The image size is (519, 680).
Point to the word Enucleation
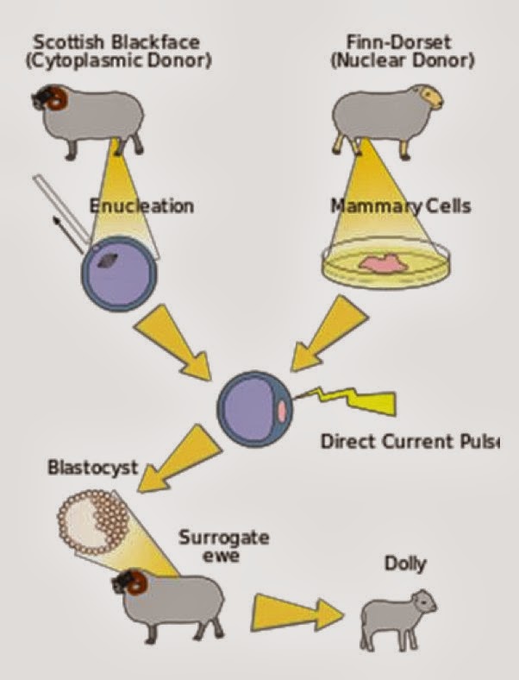[141, 205]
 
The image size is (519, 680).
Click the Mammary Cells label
[401, 205]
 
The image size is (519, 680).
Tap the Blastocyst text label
[93, 468]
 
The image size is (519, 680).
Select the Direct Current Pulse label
[410, 442]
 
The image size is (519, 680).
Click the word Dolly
[405, 564]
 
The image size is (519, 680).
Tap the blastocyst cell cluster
[94, 522]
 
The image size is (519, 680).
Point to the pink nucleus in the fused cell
[282, 411]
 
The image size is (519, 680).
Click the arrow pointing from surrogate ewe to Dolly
[297, 613]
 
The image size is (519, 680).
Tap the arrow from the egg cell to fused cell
[173, 343]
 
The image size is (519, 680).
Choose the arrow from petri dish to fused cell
[329, 334]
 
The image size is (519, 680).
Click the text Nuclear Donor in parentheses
[403, 60]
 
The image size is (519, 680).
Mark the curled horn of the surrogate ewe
[138, 582]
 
